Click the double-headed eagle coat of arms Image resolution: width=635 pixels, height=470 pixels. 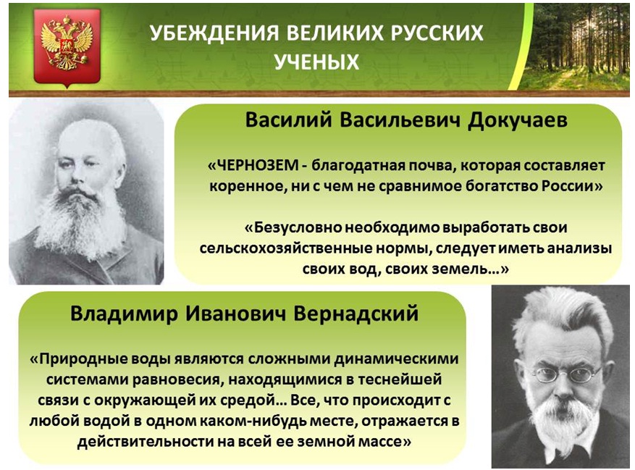click(67, 46)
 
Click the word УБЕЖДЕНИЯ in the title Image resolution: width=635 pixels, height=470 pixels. click(214, 33)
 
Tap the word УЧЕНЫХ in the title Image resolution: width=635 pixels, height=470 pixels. click(316, 62)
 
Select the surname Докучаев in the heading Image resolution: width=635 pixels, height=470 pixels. click(517, 120)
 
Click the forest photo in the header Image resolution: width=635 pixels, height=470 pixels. click(575, 46)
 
